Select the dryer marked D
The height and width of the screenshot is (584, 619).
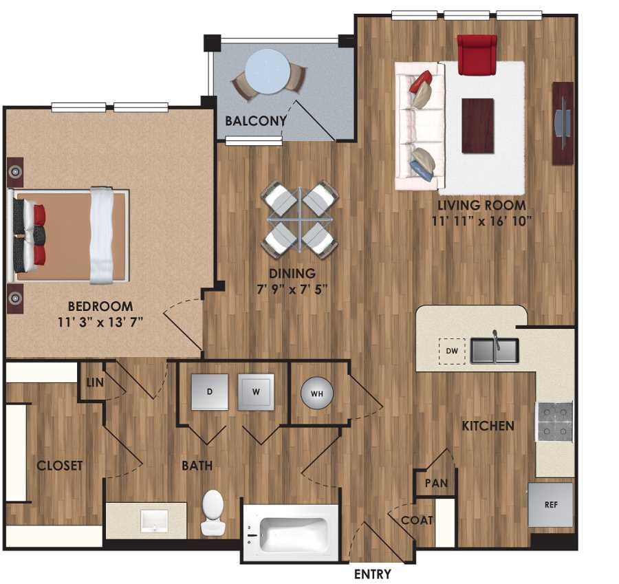click(x=209, y=391)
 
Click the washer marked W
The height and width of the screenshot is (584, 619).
click(x=256, y=392)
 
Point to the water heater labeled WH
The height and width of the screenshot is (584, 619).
click(x=317, y=393)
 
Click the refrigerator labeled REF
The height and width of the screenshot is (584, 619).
click(x=550, y=504)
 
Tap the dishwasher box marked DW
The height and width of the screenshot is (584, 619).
click(x=451, y=351)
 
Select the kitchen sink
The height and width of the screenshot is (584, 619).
click(x=495, y=350)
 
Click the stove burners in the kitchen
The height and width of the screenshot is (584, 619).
click(x=554, y=421)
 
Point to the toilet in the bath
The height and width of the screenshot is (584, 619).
click(x=213, y=512)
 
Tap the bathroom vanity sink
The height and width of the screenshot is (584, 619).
click(x=155, y=521)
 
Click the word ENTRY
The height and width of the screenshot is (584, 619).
click(x=372, y=574)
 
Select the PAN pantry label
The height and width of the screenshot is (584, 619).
click(x=436, y=483)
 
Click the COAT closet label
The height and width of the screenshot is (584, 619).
click(x=417, y=520)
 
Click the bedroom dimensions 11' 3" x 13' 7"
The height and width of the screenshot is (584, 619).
click(x=100, y=321)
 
